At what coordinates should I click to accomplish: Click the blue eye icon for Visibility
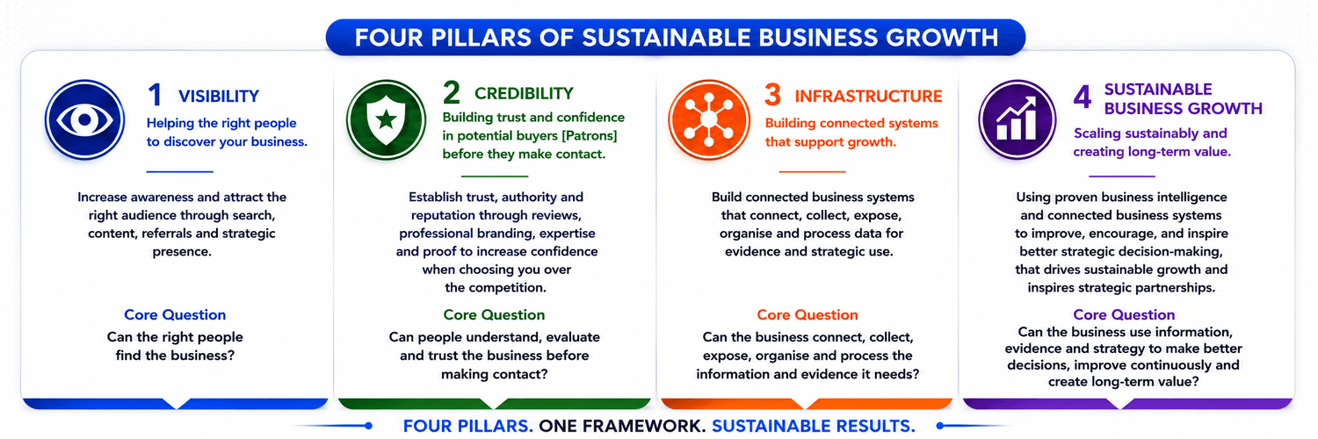[84, 120]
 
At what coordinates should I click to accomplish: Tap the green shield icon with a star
[386, 120]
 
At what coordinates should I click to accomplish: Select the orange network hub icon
[709, 120]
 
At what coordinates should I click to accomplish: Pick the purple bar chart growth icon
[1017, 120]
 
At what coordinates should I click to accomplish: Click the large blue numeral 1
[155, 95]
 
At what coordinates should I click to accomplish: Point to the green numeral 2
[452, 92]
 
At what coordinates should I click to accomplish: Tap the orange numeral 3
[772, 95]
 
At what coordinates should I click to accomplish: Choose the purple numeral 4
[1083, 97]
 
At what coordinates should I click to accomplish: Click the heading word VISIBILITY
[219, 97]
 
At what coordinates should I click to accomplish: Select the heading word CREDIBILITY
[524, 93]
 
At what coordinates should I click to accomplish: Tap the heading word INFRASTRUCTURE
[868, 97]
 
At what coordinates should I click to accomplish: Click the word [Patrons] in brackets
[590, 136]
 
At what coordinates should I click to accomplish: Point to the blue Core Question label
[175, 315]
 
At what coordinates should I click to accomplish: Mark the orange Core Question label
[807, 315]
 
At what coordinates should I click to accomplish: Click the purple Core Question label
[1124, 315]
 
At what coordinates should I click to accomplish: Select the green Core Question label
[494, 315]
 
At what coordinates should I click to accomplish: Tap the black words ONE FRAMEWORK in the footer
[622, 426]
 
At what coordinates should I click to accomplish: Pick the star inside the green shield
[386, 119]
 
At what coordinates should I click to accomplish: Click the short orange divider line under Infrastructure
[813, 171]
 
